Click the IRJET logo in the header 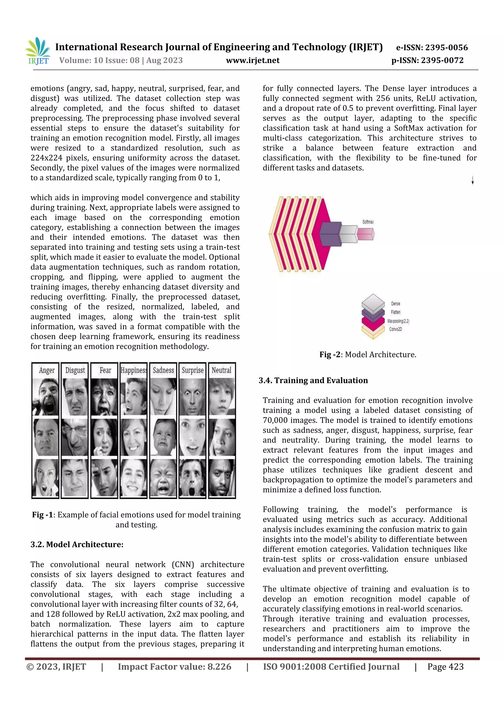pyautogui.click(x=38, y=51)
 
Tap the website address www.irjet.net pyautogui.click(x=252, y=60)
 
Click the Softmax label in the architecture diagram pyautogui.click(x=368, y=222)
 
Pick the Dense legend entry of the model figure pyautogui.click(x=395, y=304)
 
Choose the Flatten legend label pyautogui.click(x=395, y=312)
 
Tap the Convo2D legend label pyautogui.click(x=395, y=329)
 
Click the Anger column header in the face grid pyautogui.click(x=47, y=370)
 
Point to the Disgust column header pyautogui.click(x=75, y=370)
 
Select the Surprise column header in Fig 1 pyautogui.click(x=192, y=370)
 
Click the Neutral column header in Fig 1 pyautogui.click(x=221, y=370)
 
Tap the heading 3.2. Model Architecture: pyautogui.click(x=77, y=544)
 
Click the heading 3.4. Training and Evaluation pyautogui.click(x=313, y=380)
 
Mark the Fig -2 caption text pyautogui.click(x=368, y=355)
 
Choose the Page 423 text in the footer pyautogui.click(x=445, y=667)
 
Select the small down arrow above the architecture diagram pyautogui.click(x=472, y=180)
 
